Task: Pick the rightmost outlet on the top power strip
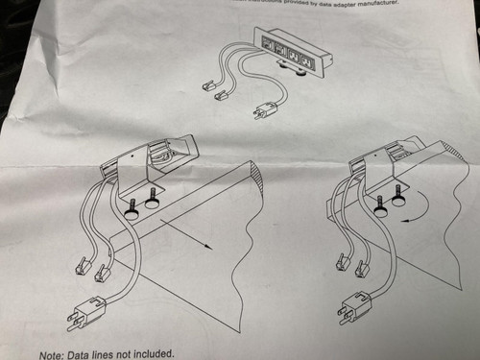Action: coord(306,63)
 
